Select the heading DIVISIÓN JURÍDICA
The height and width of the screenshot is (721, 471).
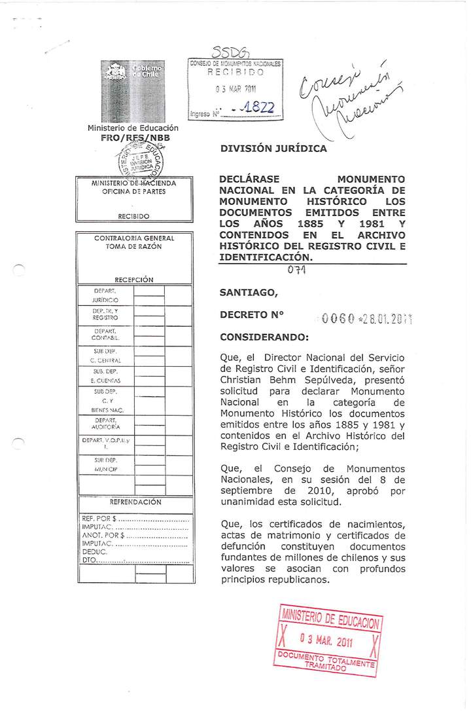point(273,149)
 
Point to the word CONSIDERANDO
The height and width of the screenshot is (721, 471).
point(264,338)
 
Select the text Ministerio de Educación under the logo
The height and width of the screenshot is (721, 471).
point(133,128)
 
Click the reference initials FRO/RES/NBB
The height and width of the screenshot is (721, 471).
point(133,138)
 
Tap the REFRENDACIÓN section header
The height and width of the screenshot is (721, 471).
point(135,502)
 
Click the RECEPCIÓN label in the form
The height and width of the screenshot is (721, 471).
point(133,280)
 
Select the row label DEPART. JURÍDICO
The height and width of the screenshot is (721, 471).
point(105,295)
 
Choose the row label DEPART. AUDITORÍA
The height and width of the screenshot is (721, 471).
point(105,423)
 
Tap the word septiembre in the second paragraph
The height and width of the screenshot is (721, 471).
point(249,490)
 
